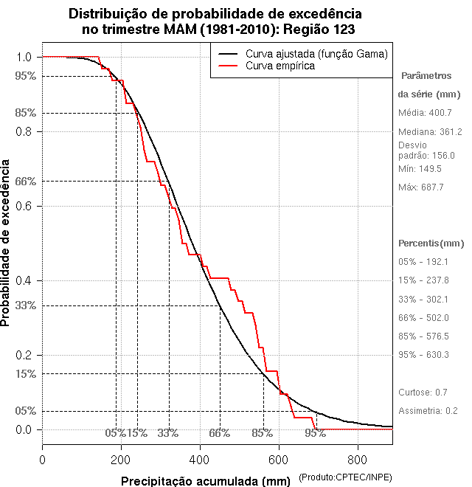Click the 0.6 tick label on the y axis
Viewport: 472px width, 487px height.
(x=24, y=206)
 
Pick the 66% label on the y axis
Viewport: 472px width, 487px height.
(x=24, y=181)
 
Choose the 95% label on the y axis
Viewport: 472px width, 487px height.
(x=24, y=75)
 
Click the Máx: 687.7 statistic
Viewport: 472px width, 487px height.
(x=420, y=187)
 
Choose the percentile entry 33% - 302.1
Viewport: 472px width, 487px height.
(x=423, y=300)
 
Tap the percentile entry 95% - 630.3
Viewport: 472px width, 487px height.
(x=423, y=355)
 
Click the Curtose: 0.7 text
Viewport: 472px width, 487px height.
(x=423, y=392)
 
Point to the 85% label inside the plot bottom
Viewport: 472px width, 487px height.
(x=262, y=433)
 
